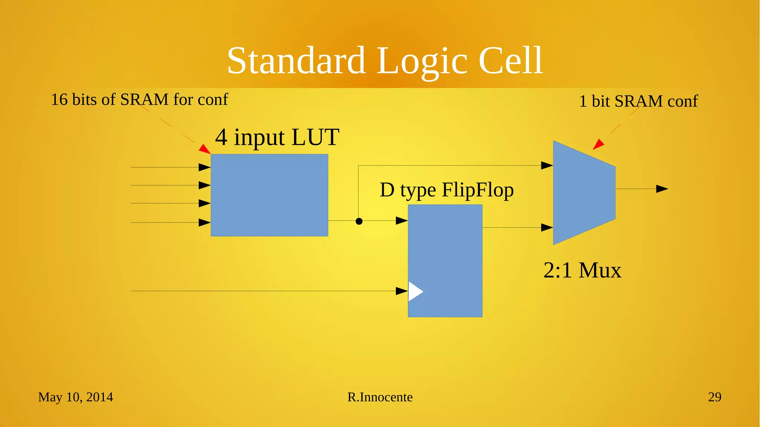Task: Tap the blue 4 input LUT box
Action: tap(269, 195)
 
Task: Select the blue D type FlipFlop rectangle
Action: tap(445, 260)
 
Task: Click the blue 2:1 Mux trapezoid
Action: tap(583, 192)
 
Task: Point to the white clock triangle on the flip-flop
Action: tap(415, 291)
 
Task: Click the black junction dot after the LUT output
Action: tap(359, 221)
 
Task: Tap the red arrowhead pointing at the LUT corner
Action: tap(204, 149)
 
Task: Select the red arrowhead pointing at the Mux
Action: tap(598, 144)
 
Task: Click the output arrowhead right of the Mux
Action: tap(662, 189)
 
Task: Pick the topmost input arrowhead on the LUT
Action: tap(204, 167)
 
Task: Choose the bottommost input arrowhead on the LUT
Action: tap(204, 222)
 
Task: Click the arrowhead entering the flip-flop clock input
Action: tap(402, 291)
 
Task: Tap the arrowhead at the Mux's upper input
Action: tap(547, 165)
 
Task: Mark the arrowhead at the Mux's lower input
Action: tap(547, 227)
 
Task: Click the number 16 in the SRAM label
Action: tap(59, 100)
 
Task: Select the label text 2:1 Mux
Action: tap(582, 270)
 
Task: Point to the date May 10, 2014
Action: tap(75, 397)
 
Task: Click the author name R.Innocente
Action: tap(380, 397)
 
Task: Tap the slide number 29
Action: tap(714, 397)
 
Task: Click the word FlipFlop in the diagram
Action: tap(478, 190)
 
